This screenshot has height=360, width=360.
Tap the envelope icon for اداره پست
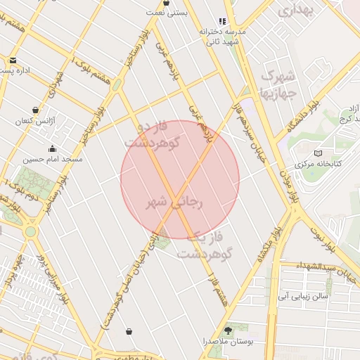coord(13,60)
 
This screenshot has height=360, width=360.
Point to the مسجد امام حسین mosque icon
coord(53,148)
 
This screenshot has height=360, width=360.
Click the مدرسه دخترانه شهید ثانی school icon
coord(223,22)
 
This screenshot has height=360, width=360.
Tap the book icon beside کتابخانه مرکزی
coord(318,153)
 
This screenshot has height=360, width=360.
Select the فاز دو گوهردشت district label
coord(153,134)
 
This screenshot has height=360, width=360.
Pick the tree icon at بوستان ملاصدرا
coord(227,329)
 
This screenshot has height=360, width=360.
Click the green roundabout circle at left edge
coord(30,231)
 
